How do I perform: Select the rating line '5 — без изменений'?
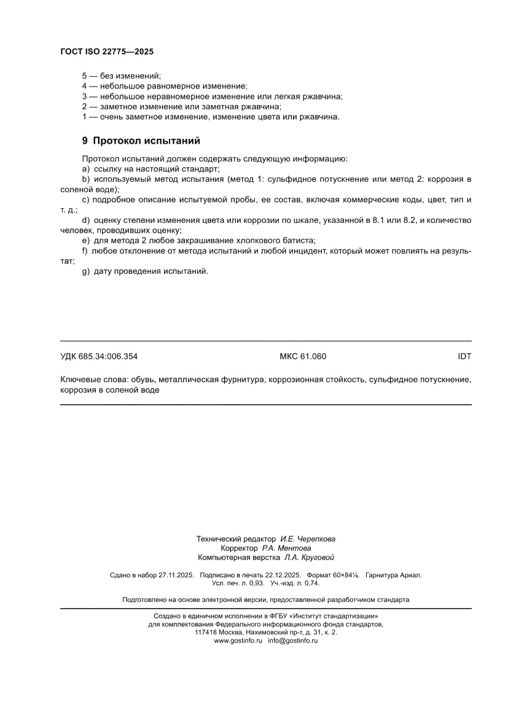click(x=121, y=76)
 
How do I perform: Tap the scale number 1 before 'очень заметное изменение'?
click(x=84, y=116)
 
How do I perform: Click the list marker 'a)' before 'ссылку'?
click(x=86, y=168)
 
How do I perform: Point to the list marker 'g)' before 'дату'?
click(x=86, y=271)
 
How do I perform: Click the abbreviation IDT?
click(x=464, y=356)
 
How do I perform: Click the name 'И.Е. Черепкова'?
click(x=308, y=538)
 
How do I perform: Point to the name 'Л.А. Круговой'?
click(x=309, y=558)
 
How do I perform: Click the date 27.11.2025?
click(x=176, y=576)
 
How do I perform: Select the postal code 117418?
click(x=206, y=632)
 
